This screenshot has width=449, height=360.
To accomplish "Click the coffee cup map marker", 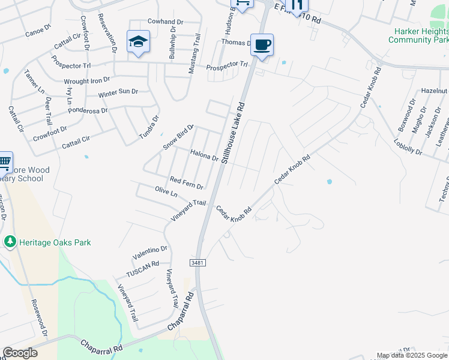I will (262, 45).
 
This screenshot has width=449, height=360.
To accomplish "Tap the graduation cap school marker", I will (138, 42).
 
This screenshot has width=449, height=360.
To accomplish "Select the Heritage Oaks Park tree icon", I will (10, 242).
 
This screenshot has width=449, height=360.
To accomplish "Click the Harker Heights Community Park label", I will (418, 35).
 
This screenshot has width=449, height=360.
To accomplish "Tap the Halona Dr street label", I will (204, 155).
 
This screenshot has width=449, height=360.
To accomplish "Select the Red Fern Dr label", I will (186, 182).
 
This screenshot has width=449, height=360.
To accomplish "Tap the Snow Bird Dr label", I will (179, 137).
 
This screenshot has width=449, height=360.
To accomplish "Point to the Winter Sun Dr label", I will (118, 94).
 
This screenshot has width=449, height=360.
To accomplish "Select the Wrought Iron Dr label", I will (87, 80).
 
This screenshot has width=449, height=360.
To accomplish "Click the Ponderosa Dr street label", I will (87, 111).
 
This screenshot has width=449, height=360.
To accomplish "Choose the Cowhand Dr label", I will (165, 22).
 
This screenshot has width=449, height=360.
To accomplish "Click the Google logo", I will (20, 353).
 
